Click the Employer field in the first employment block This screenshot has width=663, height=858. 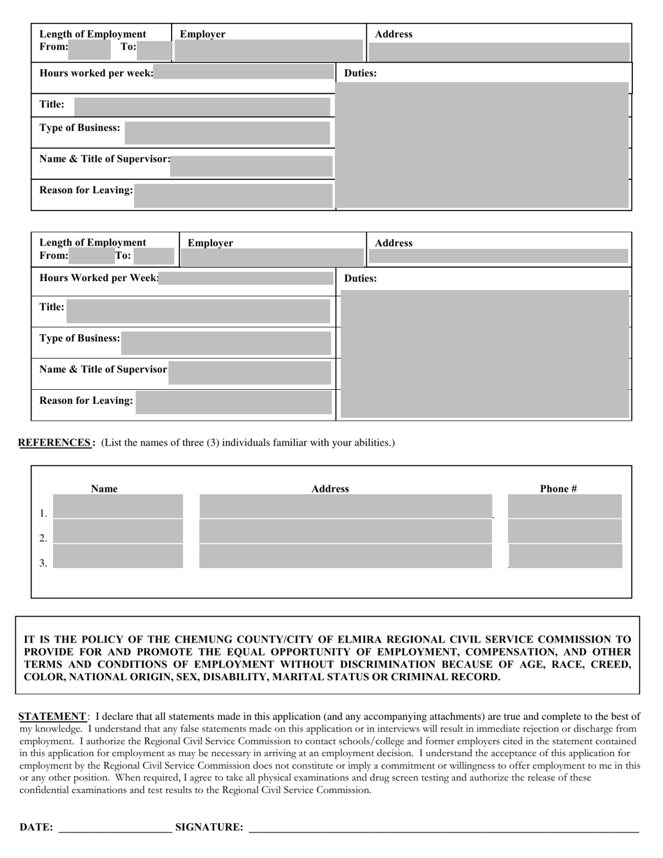click(269, 50)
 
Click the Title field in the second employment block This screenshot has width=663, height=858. click(198, 311)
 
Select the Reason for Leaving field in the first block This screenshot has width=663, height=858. click(233, 195)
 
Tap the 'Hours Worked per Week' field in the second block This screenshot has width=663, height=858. click(246, 278)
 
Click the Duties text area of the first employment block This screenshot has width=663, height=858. click(483, 144)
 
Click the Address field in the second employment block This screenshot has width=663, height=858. click(498, 256)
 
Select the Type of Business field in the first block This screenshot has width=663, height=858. click(227, 133)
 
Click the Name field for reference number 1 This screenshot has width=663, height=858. click(118, 506)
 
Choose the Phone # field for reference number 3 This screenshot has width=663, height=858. click(565, 557)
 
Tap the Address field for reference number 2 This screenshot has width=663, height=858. click(345, 532)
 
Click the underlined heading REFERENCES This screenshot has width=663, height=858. click(54, 442)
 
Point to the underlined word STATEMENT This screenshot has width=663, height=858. click(52, 716)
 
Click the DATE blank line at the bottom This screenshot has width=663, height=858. click(115, 827)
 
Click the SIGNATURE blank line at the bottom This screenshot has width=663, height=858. click(443, 827)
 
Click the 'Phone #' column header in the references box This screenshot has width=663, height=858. click(558, 488)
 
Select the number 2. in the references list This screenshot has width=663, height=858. click(43, 538)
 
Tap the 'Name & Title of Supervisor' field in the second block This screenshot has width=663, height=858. click(249, 373)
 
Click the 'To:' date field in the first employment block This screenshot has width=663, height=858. click(154, 50)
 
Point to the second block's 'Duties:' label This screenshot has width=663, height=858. click(360, 278)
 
